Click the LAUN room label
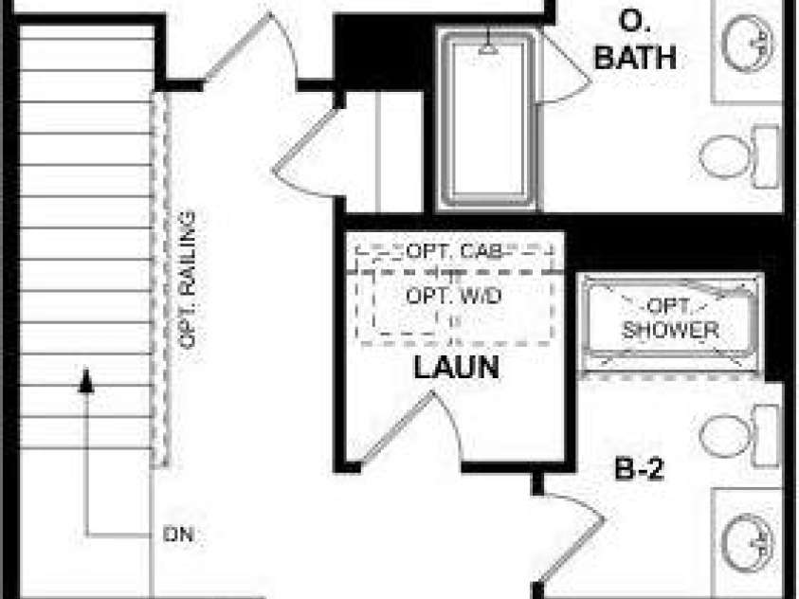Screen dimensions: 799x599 [x=456, y=367]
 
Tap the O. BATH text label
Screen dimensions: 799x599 [x=635, y=41]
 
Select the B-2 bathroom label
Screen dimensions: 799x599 [x=640, y=468]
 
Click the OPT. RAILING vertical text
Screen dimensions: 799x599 [x=188, y=280]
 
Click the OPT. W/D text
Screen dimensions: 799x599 [x=453, y=296]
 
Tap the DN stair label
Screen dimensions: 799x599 [x=178, y=535]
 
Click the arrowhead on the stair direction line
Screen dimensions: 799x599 [x=86, y=380]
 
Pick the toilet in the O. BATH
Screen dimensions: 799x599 [x=739, y=156]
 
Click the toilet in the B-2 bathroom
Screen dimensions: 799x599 [x=739, y=435]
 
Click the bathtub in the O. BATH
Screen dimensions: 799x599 [x=488, y=119]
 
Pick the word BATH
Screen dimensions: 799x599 [x=635, y=57]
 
